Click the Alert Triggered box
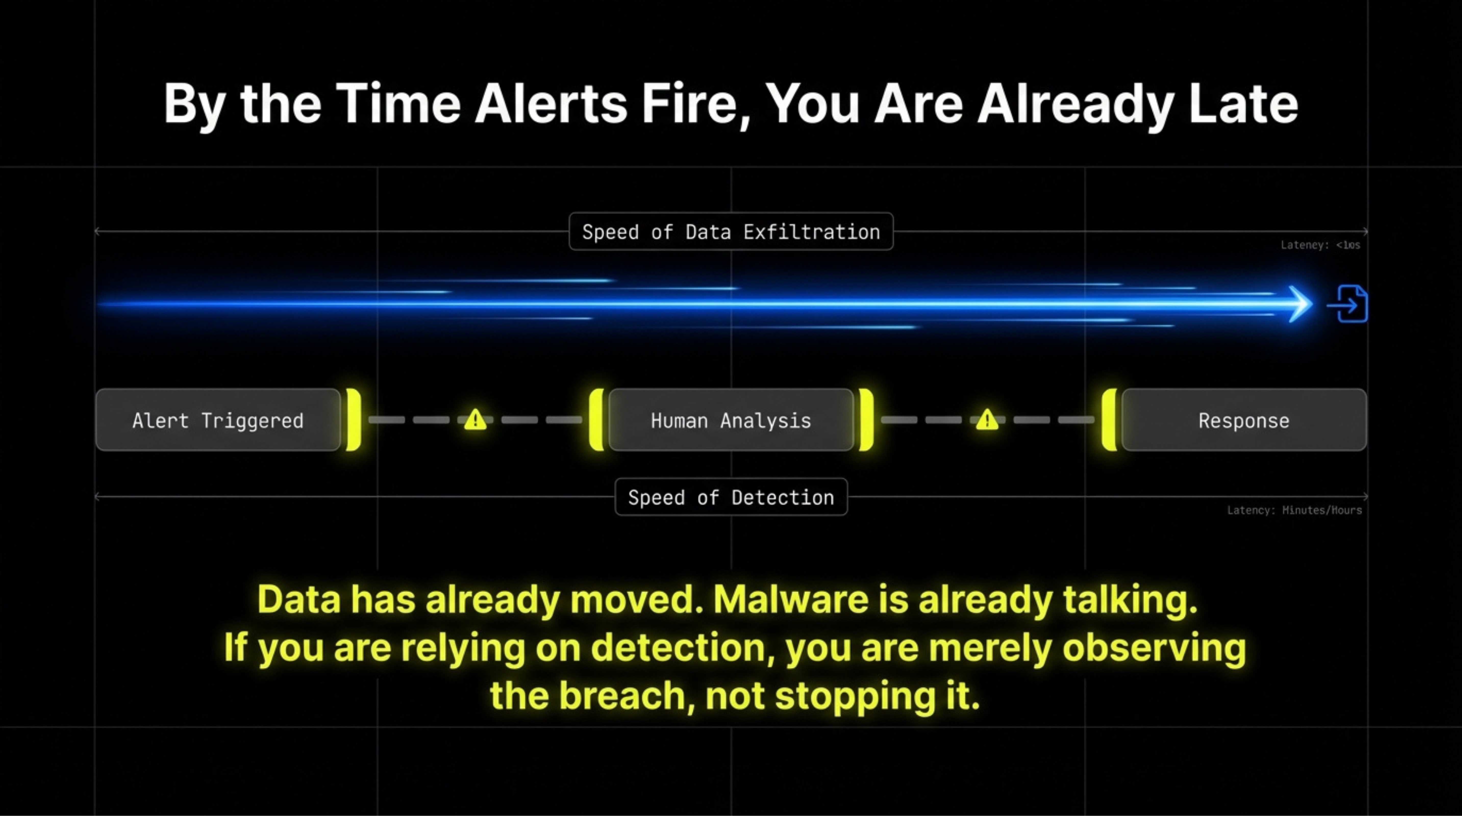[x=218, y=420]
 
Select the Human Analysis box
[x=731, y=420]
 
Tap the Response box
[x=1243, y=420]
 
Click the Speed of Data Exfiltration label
[x=731, y=232]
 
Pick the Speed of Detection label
[x=731, y=497]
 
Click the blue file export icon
[x=1349, y=304]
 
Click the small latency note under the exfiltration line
[x=1320, y=245]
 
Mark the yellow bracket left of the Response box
[x=1109, y=420]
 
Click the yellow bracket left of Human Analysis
[x=596, y=420]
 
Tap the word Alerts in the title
[x=551, y=104]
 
